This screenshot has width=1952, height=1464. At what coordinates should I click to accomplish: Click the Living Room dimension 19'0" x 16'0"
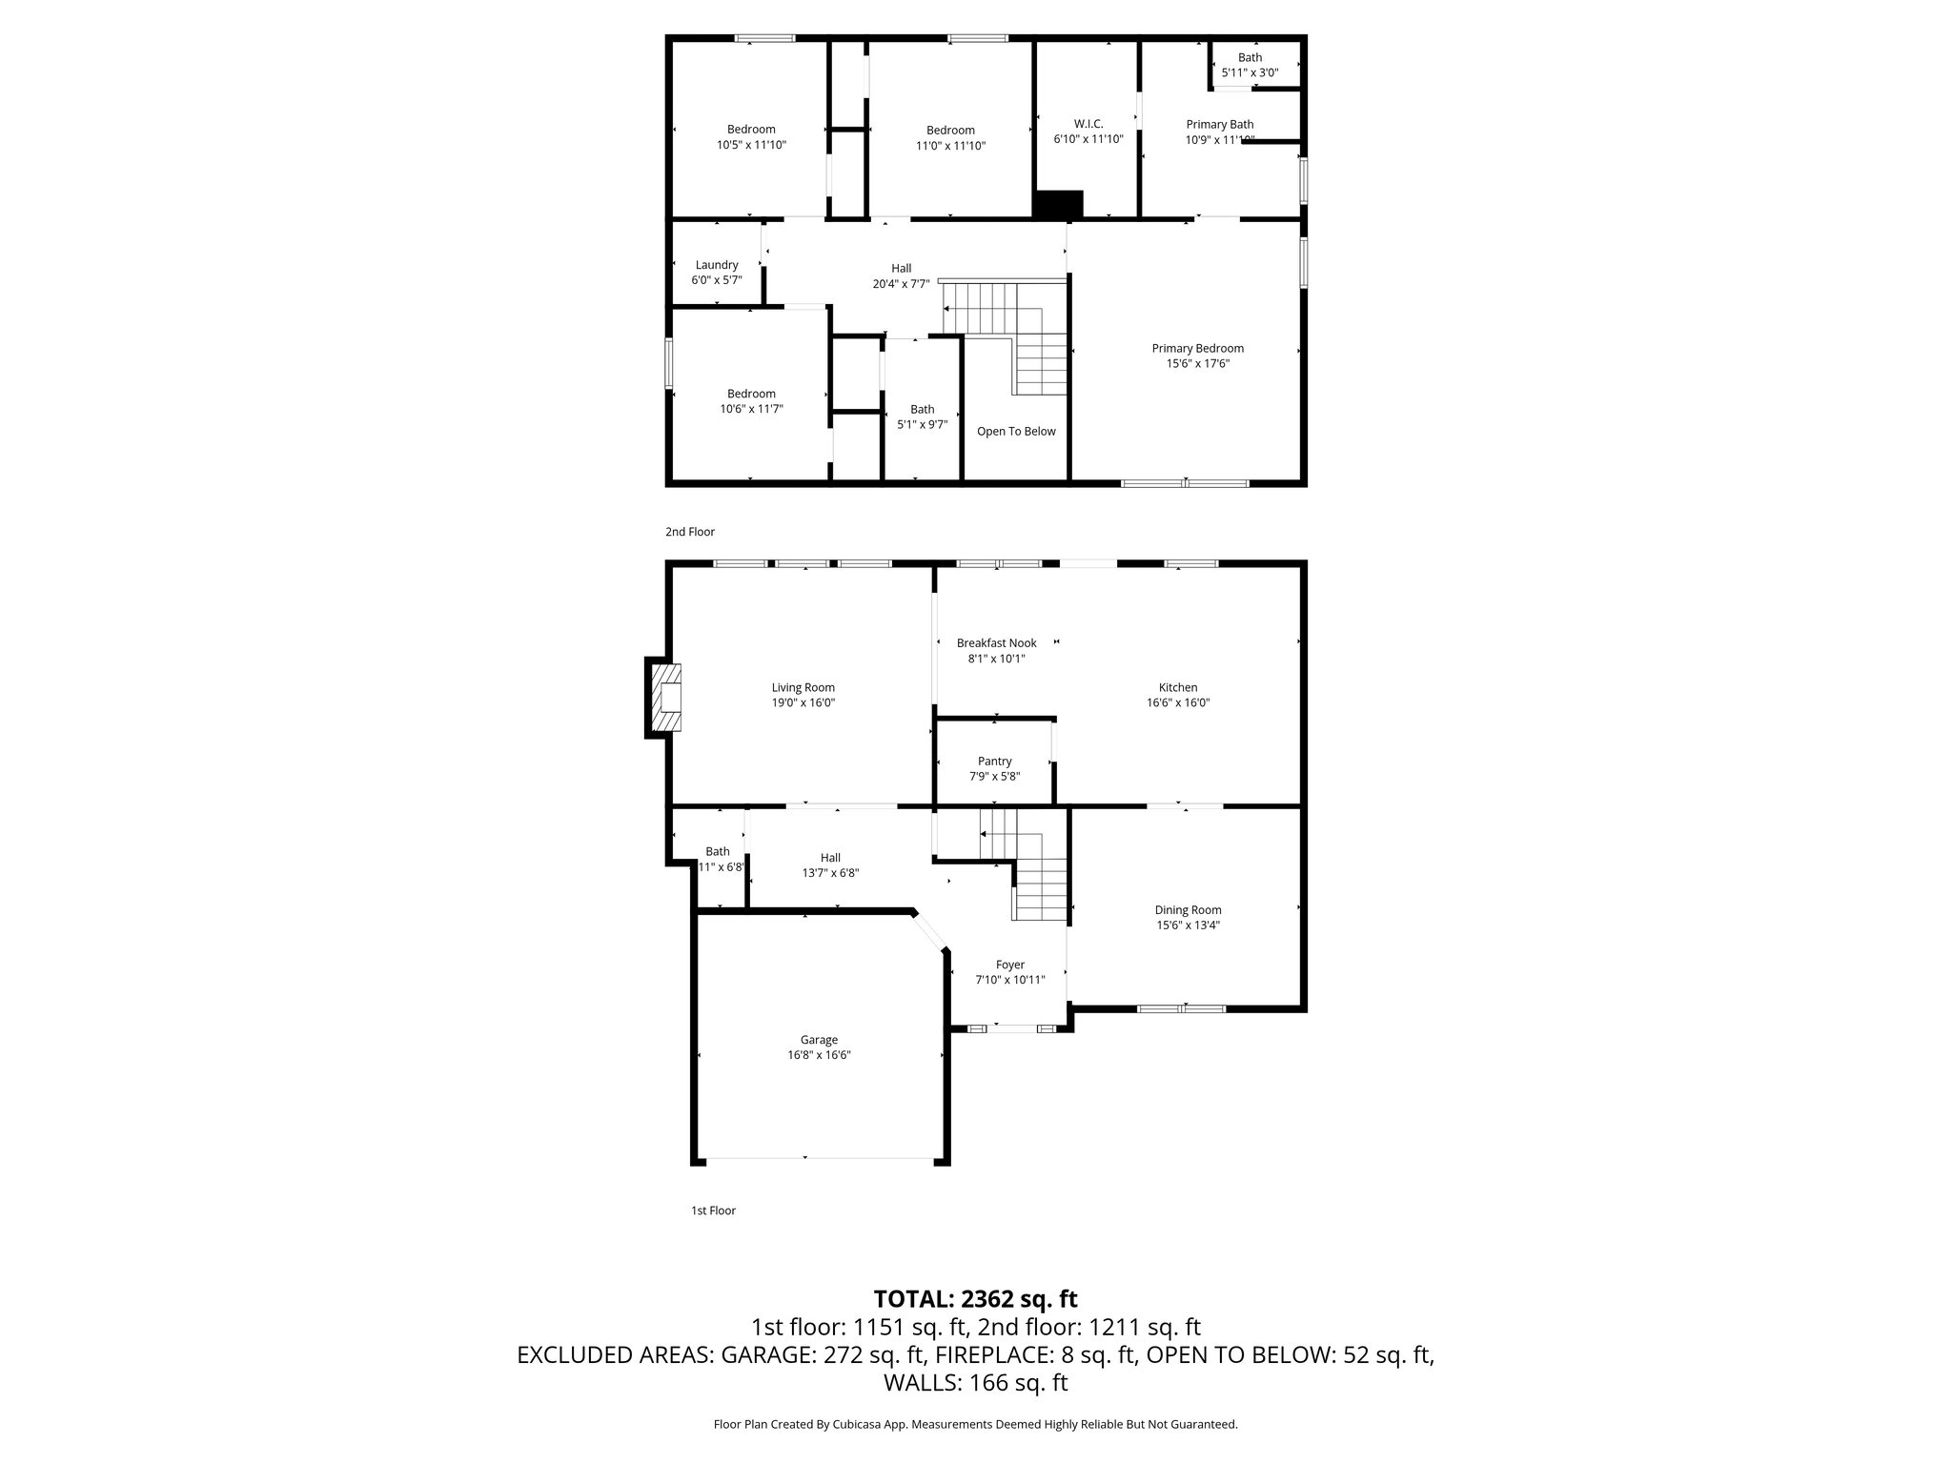point(803,702)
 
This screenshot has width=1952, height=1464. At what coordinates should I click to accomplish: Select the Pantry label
point(994,761)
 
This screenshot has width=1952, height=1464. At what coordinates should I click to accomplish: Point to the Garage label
point(819,1040)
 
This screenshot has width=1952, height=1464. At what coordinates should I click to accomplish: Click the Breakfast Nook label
point(996,642)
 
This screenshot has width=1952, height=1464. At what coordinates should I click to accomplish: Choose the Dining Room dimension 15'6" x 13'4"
point(1188,925)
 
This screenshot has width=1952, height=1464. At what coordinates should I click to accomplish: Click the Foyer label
point(1009,965)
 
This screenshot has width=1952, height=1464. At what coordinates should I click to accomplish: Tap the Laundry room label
point(717,265)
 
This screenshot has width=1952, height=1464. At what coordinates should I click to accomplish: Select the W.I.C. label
point(1088,124)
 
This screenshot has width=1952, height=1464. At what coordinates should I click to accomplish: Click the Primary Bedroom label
point(1197,348)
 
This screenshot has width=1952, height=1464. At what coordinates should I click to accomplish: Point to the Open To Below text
point(1016,431)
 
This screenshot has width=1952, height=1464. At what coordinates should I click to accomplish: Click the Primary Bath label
point(1219,124)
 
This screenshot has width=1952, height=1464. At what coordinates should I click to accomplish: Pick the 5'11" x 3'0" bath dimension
point(1249,72)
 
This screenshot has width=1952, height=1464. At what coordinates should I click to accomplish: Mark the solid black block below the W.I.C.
point(1059,204)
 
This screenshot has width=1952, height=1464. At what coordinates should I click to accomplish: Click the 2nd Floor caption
point(689,532)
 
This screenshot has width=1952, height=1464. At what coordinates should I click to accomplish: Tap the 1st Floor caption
point(713,1210)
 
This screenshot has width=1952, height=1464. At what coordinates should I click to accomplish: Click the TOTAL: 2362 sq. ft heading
point(975,1298)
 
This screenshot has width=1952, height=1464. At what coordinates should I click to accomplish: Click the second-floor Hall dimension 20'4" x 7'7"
point(901,283)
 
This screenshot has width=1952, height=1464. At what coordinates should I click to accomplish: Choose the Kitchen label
point(1177,687)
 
